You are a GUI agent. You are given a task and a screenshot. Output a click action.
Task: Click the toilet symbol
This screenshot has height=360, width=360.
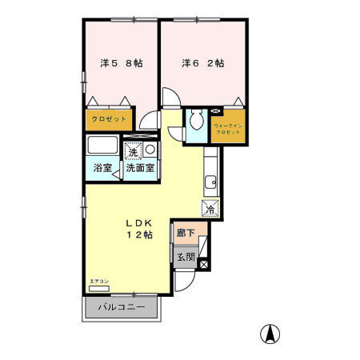pyautogui.click(x=197, y=122)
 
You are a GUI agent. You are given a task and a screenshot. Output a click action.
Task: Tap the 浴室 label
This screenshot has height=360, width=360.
pyautogui.click(x=102, y=170)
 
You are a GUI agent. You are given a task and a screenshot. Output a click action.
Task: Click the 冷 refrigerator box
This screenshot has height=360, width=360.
pyautogui.click(x=209, y=208)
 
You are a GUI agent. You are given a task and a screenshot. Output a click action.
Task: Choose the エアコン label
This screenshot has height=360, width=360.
pyautogui.click(x=98, y=282)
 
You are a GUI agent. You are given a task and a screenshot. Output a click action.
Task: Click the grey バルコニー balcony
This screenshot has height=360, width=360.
pyautogui.click(x=122, y=307)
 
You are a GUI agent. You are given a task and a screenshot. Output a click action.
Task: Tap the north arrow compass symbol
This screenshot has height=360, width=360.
pyautogui.click(x=272, y=334)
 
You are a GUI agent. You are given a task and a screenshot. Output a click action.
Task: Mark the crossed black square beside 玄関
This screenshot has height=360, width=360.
pyautogui.click(x=203, y=263)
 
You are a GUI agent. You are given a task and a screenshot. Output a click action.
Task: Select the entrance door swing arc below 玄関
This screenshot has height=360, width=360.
pyautogui.click(x=185, y=280)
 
